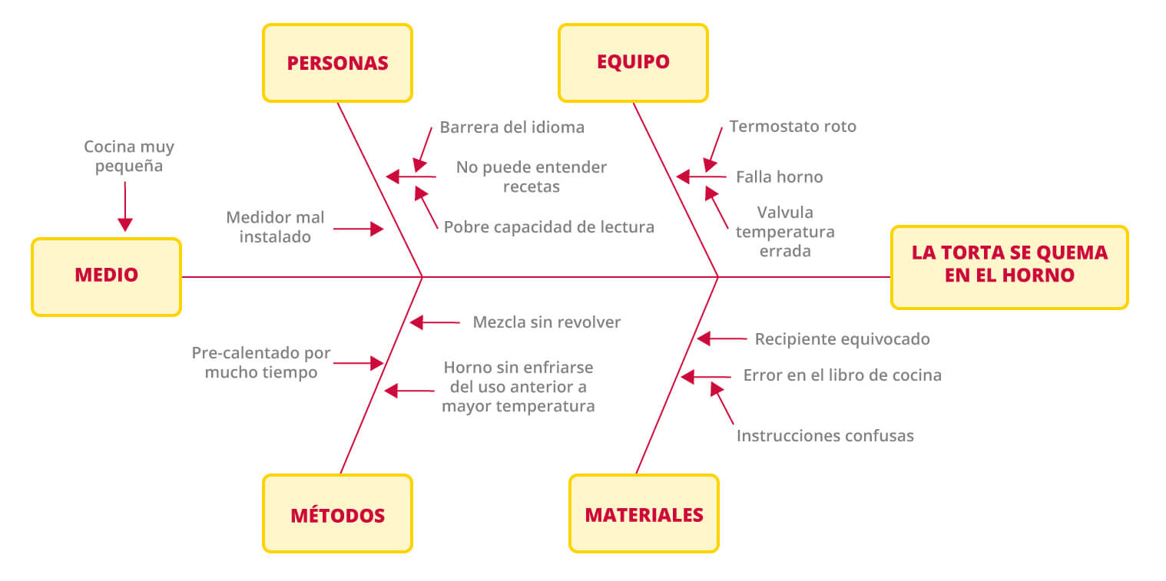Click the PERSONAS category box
[337, 63]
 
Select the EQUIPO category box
[633, 63]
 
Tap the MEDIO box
[106, 277]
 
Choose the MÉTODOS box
[337, 513]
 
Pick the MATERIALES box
[644, 513]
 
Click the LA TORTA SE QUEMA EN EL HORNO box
[1009, 267]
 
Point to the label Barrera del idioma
[512, 127]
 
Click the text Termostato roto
[793, 127]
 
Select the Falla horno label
[779, 177]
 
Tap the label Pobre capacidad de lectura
[548, 226]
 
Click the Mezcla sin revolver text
[547, 322]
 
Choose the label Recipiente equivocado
[842, 339]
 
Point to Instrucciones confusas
[825, 436]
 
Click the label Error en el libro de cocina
[842, 375]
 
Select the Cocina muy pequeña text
[129, 156]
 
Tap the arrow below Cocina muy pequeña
[125, 206]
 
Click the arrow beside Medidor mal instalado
[359, 229]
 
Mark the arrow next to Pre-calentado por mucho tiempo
[359, 363]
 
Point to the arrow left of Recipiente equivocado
[722, 338]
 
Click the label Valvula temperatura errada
[785, 232]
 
